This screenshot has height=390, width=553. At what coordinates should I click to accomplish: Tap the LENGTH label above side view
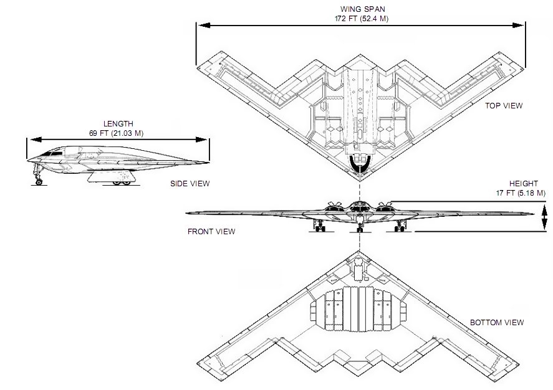click(118, 124)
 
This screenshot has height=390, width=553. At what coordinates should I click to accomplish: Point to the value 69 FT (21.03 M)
click(118, 133)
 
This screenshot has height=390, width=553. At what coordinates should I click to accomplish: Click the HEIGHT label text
click(522, 184)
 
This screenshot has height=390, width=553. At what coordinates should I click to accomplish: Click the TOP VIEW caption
click(504, 106)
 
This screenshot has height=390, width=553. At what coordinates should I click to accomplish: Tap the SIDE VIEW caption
click(190, 184)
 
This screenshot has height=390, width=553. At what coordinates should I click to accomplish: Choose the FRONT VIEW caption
click(211, 232)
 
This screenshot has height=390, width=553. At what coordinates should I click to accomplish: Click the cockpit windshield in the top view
click(360, 163)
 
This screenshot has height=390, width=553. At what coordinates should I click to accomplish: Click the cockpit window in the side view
click(54, 152)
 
